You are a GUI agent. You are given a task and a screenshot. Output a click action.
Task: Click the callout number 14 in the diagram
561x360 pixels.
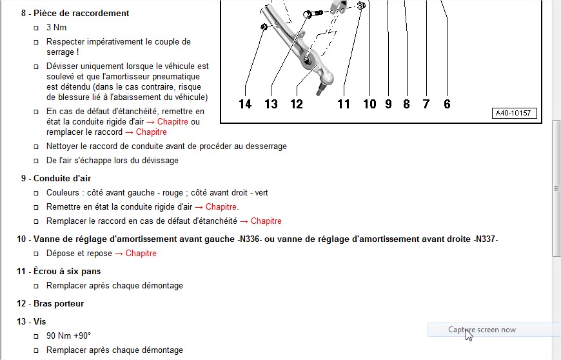(x=245, y=104)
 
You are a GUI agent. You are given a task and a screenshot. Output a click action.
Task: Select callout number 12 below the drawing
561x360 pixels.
(x=297, y=104)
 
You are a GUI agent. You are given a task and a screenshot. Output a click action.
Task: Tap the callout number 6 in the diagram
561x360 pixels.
(x=447, y=104)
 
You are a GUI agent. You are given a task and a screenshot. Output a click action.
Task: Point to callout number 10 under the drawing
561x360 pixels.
(x=369, y=104)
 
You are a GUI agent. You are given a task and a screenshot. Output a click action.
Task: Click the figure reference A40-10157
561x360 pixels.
(x=514, y=113)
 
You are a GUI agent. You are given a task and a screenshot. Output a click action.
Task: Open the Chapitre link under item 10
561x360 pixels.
(x=141, y=254)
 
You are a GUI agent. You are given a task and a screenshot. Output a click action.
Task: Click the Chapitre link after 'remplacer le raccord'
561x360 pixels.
(x=152, y=132)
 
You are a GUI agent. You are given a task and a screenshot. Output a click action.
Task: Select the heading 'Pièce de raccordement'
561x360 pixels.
(x=81, y=14)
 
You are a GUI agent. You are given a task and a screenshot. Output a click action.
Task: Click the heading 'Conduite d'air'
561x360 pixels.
(x=63, y=178)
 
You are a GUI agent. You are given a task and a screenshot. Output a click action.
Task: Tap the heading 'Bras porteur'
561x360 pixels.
(x=59, y=303)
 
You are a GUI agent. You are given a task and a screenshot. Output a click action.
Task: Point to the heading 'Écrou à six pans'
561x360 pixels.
(x=67, y=271)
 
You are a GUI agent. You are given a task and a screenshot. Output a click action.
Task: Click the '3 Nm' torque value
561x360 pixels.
(x=56, y=28)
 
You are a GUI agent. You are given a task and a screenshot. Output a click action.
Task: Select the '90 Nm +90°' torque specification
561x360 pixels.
(x=69, y=335)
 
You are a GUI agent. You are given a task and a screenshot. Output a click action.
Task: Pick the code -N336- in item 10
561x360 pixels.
(x=250, y=239)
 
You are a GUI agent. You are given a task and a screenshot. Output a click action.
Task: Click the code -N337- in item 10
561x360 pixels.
(x=486, y=239)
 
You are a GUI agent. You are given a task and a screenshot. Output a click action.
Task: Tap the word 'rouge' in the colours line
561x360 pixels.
(x=172, y=193)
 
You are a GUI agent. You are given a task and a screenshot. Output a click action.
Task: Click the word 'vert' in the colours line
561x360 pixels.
(x=262, y=192)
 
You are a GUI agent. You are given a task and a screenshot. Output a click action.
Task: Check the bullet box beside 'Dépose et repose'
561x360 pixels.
(x=36, y=254)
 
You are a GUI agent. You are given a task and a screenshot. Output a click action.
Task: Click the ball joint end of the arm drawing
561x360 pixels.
(x=326, y=78)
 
